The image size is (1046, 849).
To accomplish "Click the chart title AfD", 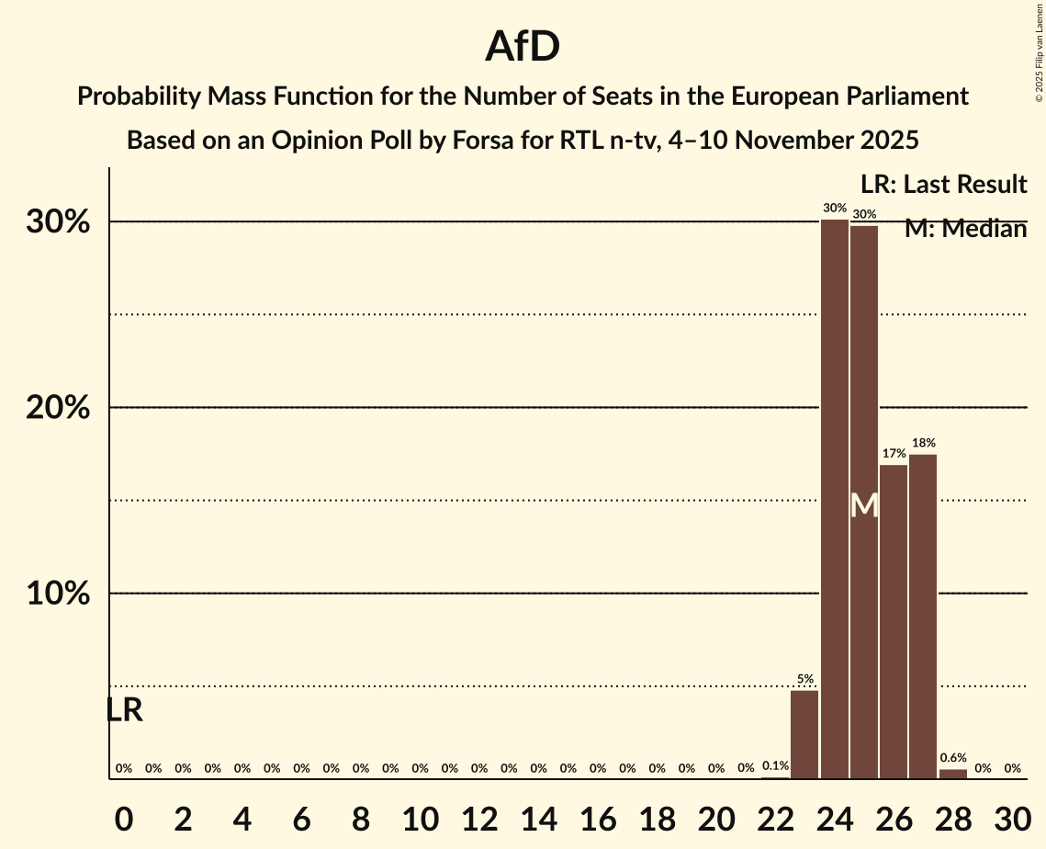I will (x=523, y=46).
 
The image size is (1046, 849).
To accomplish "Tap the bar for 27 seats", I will (x=923, y=617).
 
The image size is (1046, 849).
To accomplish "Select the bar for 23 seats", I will (x=804, y=734).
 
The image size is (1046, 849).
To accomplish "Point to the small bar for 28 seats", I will (x=953, y=774).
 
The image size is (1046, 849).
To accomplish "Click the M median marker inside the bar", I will (x=864, y=505).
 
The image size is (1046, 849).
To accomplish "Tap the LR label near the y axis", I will (x=124, y=710).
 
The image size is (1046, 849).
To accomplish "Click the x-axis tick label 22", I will (x=775, y=818).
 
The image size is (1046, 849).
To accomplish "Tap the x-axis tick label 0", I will (x=124, y=818).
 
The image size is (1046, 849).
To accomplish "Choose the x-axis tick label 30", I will (x=1012, y=818).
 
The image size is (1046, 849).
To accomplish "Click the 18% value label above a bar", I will (x=924, y=443).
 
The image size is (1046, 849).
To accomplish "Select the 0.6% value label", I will (x=953, y=758).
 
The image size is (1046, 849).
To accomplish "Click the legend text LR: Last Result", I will (x=943, y=185).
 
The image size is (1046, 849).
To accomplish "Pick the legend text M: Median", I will (x=965, y=229).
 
